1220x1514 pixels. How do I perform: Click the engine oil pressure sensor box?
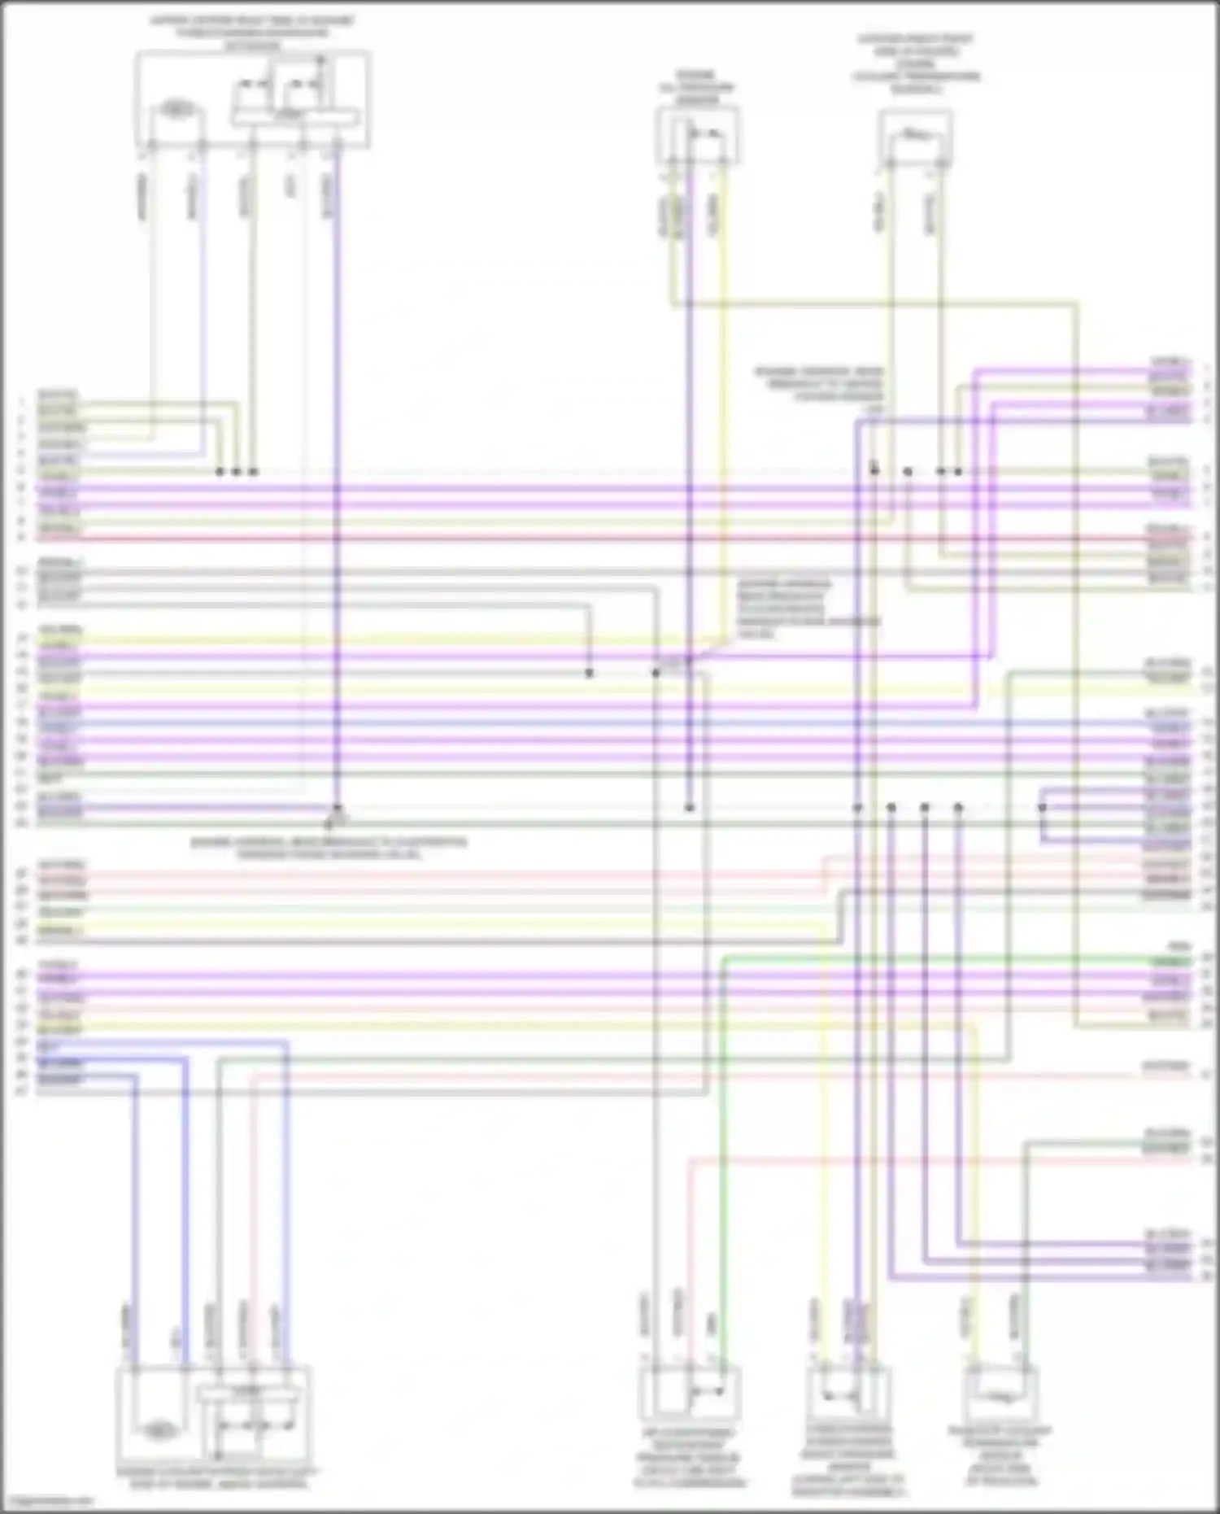(x=698, y=137)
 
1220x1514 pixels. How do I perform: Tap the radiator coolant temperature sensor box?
(x=1000, y=1393)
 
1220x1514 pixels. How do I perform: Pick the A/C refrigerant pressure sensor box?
(x=690, y=1393)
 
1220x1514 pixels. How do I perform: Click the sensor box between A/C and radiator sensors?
(x=846, y=1393)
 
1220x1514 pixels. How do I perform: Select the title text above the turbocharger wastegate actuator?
(x=252, y=33)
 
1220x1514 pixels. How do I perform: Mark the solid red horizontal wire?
(x=569, y=539)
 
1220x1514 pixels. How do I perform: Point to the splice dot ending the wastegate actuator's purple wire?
(x=338, y=809)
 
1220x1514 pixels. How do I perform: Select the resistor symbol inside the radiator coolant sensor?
(x=1000, y=1396)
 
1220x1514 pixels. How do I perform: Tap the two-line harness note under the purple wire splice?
(x=329, y=849)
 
